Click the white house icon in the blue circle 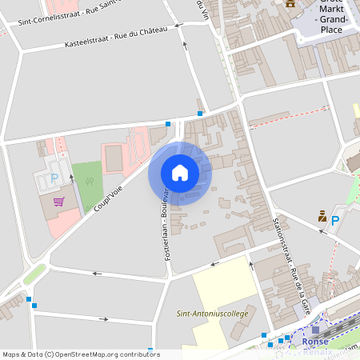point(180,172)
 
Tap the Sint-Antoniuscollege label point(212,314)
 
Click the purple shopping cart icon point(58,202)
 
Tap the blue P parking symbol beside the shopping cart point(54,178)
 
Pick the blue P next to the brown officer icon point(335,220)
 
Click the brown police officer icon point(322,215)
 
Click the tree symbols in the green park point(90,181)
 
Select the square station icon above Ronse point(315,329)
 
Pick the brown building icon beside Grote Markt point(290,4)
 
